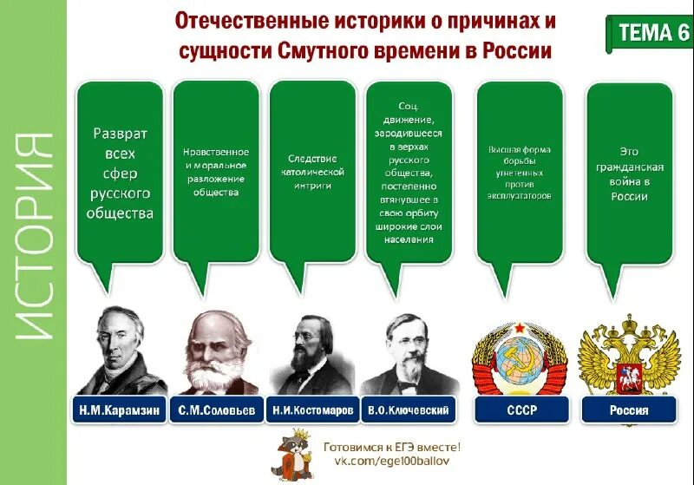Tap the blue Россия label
point(629,410)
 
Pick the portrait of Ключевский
point(408,351)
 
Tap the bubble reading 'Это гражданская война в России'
point(629,174)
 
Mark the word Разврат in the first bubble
point(121,134)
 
